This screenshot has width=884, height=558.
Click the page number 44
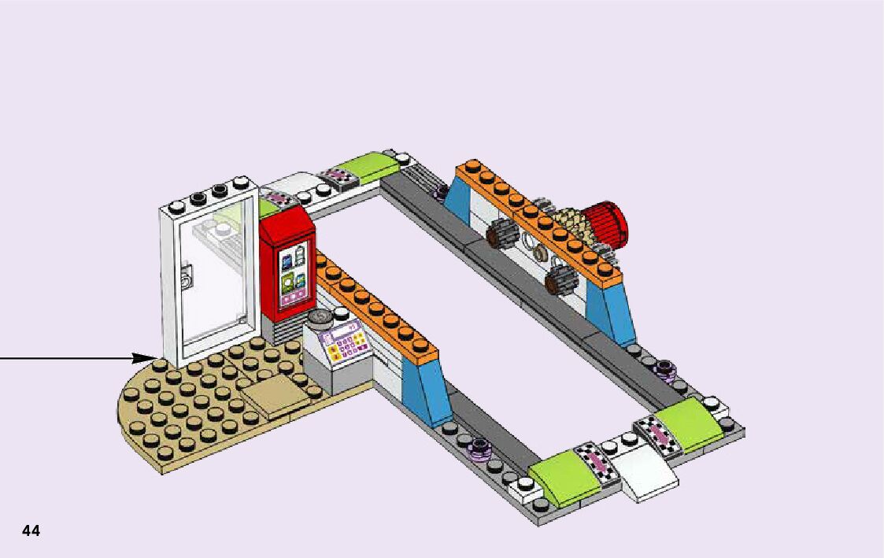[31, 531]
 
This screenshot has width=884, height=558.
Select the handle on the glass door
[186, 277]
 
